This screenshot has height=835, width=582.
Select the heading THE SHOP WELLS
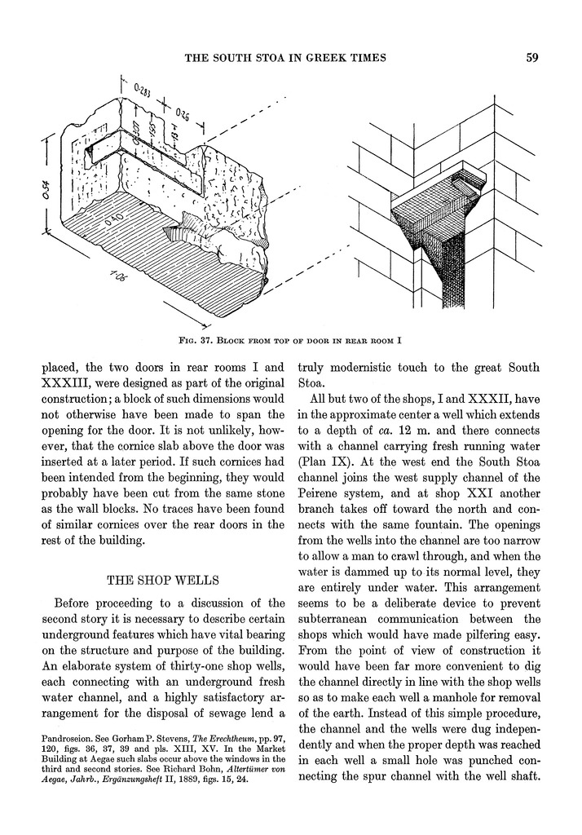(162, 581)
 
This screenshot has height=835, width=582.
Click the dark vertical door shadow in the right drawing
(449, 277)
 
